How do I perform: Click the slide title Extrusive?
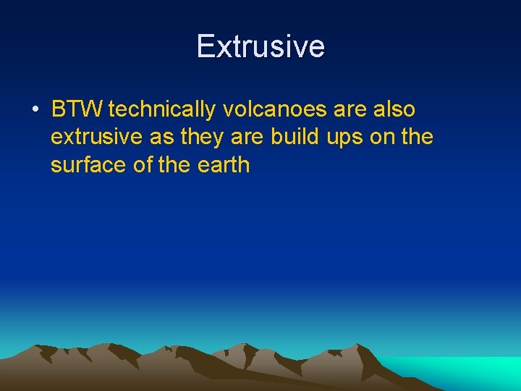tap(260, 46)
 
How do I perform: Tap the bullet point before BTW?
tap(35, 110)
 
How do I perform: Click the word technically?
tap(162, 110)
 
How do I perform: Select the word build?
tap(296, 138)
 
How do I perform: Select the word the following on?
tap(417, 138)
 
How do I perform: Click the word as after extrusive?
tap(161, 138)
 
